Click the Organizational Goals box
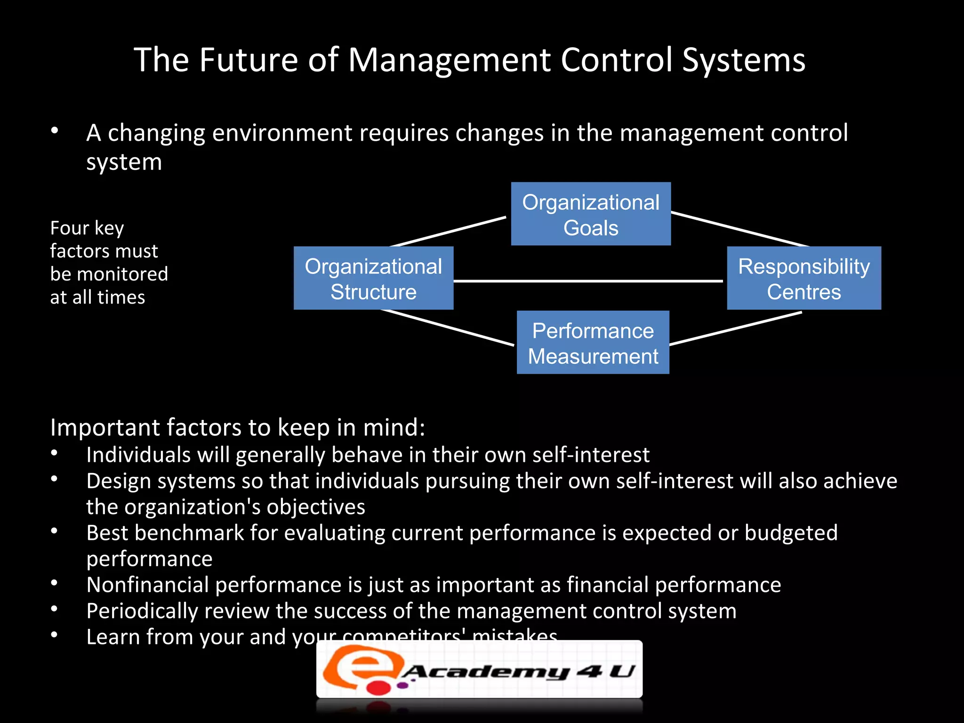tap(591, 214)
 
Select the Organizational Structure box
tap(373, 278)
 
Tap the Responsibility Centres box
tap(803, 278)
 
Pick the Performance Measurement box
tap(593, 343)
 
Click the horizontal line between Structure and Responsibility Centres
tap(588, 281)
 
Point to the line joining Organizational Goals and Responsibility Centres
tap(739, 229)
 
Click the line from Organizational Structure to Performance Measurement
tap(447, 327)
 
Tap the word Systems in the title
tap(744, 60)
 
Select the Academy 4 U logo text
tap(518, 671)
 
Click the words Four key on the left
tap(87, 228)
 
